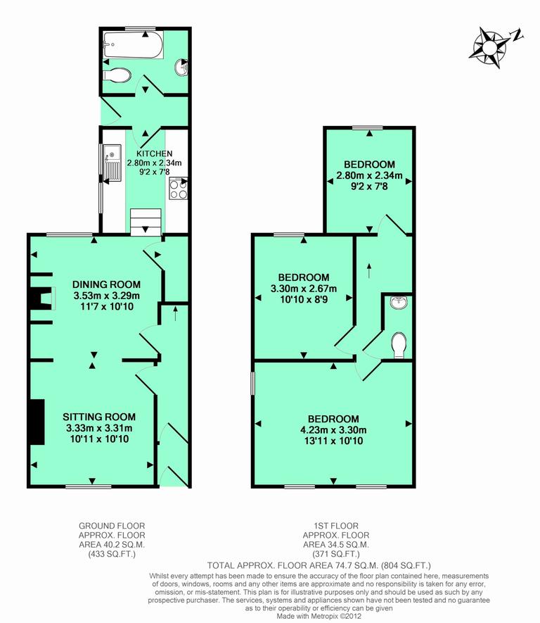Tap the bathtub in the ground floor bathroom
coord(133,46)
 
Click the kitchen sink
coord(112,161)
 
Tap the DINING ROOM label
coord(107,284)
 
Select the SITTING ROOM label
coord(99,417)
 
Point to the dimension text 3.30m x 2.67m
coord(304,289)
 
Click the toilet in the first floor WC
coord(397,345)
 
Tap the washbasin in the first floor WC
coord(399,303)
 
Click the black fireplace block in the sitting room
coord(37,421)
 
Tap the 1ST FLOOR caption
coord(339,525)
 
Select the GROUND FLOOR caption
coord(107,525)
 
